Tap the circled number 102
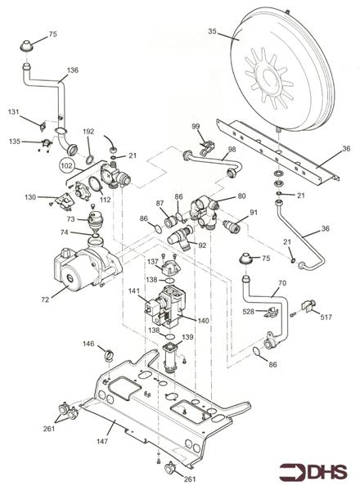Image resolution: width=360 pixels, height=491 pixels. point(66,164)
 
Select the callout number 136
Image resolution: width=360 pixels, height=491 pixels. point(73,70)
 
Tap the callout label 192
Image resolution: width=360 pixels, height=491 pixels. point(88,132)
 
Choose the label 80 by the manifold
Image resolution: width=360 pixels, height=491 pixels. point(241,196)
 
